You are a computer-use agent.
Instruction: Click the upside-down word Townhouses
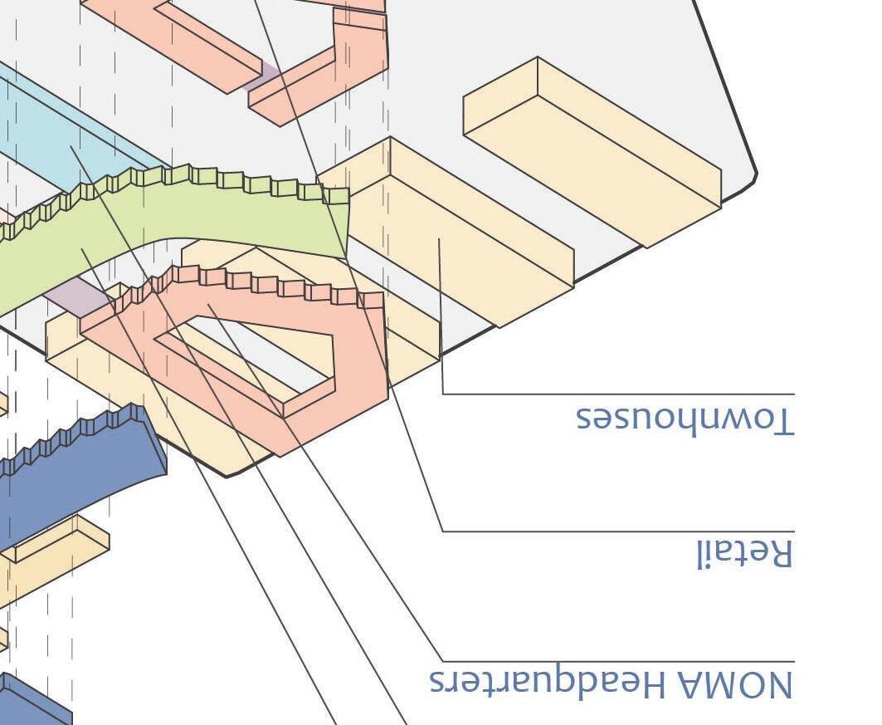[685, 419]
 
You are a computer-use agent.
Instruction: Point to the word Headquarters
[548, 682]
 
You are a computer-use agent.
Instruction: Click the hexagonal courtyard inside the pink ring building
[249, 349]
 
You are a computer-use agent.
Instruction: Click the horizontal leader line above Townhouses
[618, 394]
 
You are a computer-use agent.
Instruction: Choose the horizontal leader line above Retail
[618, 531]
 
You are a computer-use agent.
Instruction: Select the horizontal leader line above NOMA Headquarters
[618, 662]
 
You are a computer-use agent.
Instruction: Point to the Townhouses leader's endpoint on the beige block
[439, 241]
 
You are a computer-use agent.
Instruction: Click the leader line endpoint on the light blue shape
[71, 148]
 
